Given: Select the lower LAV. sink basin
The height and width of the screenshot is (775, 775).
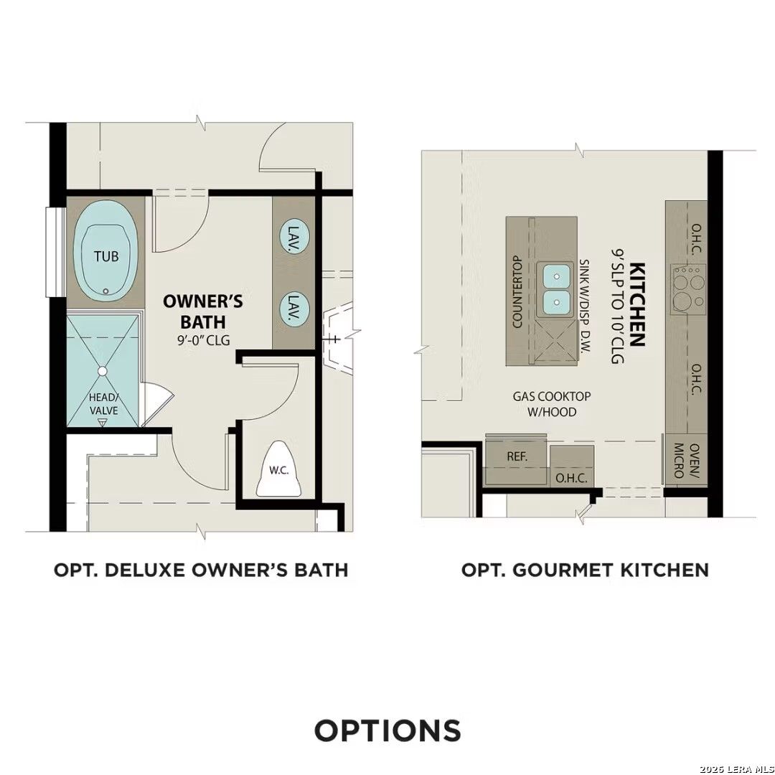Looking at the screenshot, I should pyautogui.click(x=293, y=309).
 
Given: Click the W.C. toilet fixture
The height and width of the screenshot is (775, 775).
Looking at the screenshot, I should pyautogui.click(x=279, y=469).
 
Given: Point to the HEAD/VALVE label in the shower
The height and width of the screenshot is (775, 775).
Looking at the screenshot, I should pyautogui.click(x=103, y=403).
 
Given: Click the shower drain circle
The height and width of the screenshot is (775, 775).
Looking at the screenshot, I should pyautogui.click(x=102, y=371).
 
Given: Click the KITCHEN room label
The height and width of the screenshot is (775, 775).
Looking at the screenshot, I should pyautogui.click(x=637, y=305).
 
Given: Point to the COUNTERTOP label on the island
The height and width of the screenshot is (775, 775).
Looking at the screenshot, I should pyautogui.click(x=517, y=292).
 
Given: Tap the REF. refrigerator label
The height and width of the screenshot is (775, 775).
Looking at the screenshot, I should pyautogui.click(x=517, y=456).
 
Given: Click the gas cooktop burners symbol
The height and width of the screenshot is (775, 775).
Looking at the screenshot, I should pyautogui.click(x=687, y=286).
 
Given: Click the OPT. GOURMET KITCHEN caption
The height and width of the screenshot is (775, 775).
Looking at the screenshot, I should pyautogui.click(x=585, y=570).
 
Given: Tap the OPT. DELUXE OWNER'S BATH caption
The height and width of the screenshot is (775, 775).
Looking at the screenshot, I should pyautogui.click(x=201, y=570).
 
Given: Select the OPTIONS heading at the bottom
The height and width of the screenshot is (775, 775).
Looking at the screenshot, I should pyautogui.click(x=387, y=731).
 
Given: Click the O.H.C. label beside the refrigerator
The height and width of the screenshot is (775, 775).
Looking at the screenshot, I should pyautogui.click(x=572, y=478).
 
